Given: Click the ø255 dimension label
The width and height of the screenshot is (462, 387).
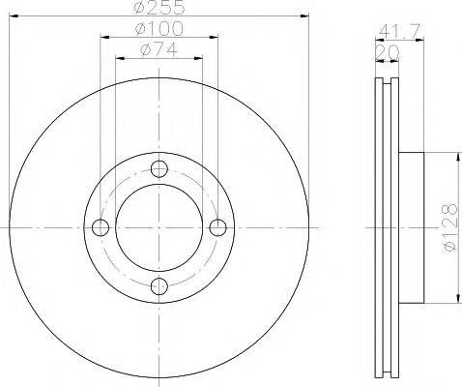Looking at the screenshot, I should [x=159, y=9].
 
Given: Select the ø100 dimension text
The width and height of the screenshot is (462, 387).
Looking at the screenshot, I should [x=159, y=31].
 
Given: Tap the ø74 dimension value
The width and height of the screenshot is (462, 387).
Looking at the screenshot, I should [x=159, y=50].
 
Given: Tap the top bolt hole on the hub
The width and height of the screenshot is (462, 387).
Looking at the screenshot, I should [x=159, y=167].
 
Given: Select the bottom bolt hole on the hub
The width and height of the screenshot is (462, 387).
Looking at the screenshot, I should [x=159, y=285].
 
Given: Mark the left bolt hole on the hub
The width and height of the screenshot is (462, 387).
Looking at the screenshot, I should [x=100, y=226].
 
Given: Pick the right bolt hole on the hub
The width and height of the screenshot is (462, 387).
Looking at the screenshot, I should [x=217, y=226].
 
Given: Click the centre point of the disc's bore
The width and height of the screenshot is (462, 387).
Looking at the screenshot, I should [x=159, y=226].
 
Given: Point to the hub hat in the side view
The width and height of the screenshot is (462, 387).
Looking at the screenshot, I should [x=413, y=226].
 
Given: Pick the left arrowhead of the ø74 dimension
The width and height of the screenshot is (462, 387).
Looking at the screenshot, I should [x=119, y=58].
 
